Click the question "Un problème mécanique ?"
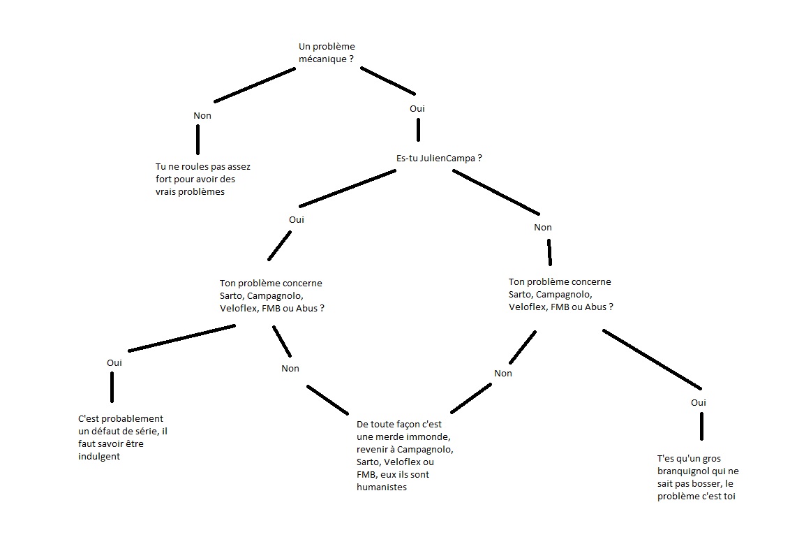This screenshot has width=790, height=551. pos(326,53)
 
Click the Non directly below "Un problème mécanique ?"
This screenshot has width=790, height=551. pos(202,116)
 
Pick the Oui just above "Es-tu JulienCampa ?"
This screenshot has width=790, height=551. pos(417,108)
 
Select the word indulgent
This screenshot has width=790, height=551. pos(99,456)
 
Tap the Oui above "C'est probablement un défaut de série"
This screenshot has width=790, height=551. pos(114,362)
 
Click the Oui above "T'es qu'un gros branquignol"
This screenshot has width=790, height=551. pos(699,402)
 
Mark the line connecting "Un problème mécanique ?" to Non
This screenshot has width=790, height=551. pos(255,85)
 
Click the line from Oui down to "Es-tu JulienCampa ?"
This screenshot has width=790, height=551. pos(418,130)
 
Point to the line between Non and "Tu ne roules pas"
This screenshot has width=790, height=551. pos(198,139)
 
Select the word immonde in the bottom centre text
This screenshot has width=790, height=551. pos(430,436)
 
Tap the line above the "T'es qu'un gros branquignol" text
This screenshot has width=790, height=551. pos(701,426)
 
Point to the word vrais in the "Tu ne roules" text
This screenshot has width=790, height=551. pos(167,192)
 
